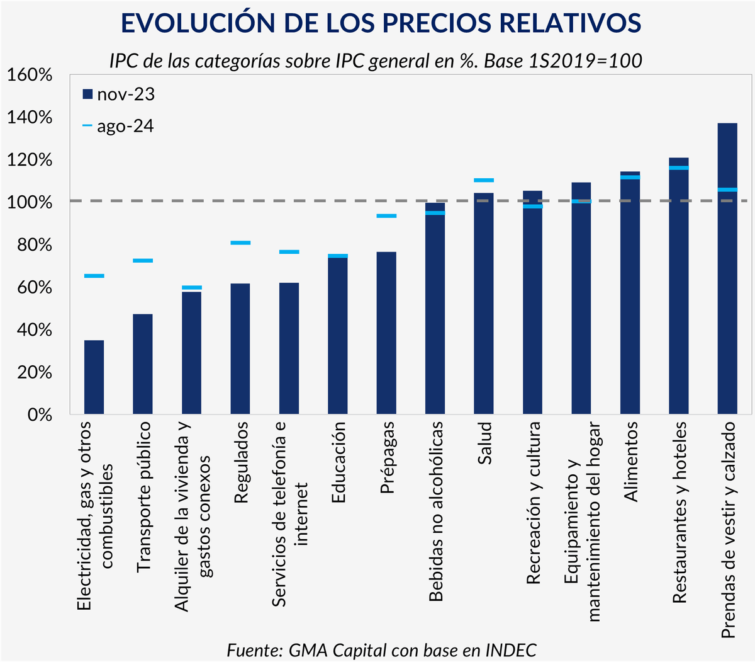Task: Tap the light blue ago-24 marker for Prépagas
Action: pyautogui.click(x=386, y=216)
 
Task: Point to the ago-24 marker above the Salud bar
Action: pyautogui.click(x=484, y=180)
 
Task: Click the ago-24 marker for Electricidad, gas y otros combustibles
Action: pyautogui.click(x=94, y=276)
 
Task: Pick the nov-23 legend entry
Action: pyautogui.click(x=119, y=94)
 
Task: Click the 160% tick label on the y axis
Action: pyautogui.click(x=30, y=75)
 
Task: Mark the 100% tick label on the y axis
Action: pyautogui.click(x=30, y=202)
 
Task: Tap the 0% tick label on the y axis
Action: pyautogui.click(x=38, y=414)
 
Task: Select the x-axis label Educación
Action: pyautogui.click(x=338, y=462)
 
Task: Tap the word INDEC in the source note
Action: pyautogui.click(x=511, y=649)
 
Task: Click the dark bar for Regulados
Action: pyautogui.click(x=240, y=349)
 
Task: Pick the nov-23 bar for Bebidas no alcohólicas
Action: pyautogui.click(x=435, y=315)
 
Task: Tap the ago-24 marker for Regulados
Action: pyautogui.click(x=240, y=243)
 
